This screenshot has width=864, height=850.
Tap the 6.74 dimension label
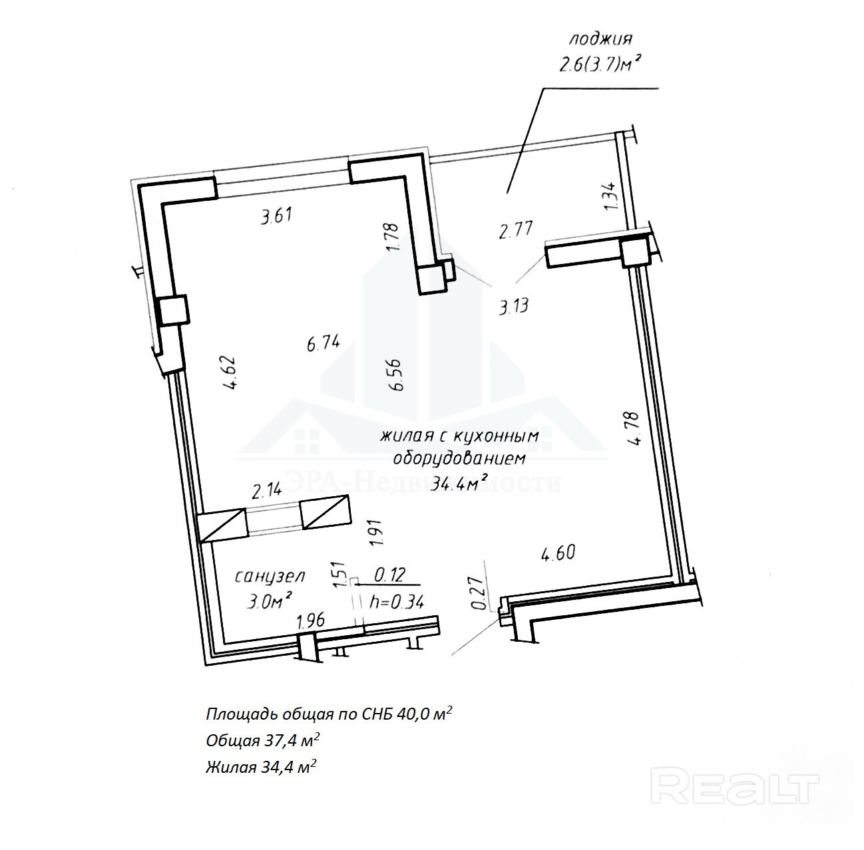click(x=324, y=343)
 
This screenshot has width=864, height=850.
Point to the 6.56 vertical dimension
click(x=398, y=376)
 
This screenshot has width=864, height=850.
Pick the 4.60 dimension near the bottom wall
click(x=558, y=553)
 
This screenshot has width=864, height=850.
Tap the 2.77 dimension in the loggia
click(x=516, y=230)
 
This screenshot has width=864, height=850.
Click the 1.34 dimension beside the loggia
click(x=613, y=196)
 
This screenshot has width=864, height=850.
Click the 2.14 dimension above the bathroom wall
click(x=266, y=492)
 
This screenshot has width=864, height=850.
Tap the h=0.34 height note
click(x=397, y=602)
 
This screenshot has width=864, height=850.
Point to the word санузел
click(x=270, y=576)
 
